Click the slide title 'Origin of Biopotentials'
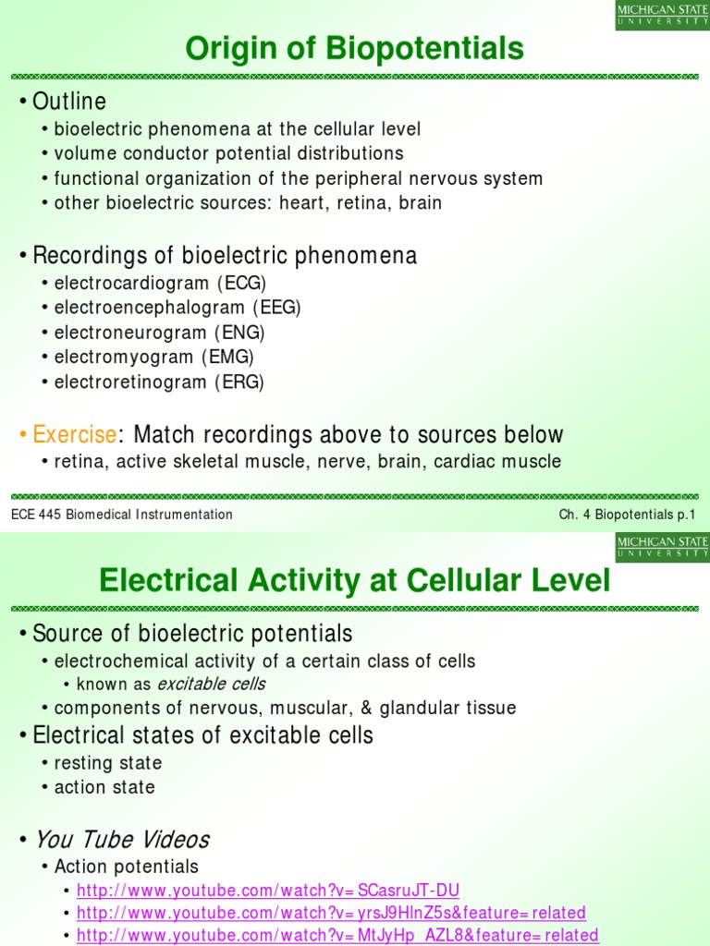(x=355, y=47)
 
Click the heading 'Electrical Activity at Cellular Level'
(x=355, y=581)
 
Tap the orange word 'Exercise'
(x=75, y=434)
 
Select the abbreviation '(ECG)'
(x=249, y=283)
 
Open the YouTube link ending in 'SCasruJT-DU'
(x=268, y=891)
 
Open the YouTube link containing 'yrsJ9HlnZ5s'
(x=331, y=913)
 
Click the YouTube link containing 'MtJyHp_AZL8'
(x=337, y=935)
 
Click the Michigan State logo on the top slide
(x=663, y=15)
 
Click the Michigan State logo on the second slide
(x=663, y=547)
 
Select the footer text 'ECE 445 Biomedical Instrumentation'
(x=122, y=515)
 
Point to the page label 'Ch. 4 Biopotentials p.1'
(x=626, y=515)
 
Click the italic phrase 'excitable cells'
(x=211, y=685)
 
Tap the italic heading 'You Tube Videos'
(x=121, y=840)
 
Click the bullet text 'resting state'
(x=108, y=763)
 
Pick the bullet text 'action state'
(x=104, y=787)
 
